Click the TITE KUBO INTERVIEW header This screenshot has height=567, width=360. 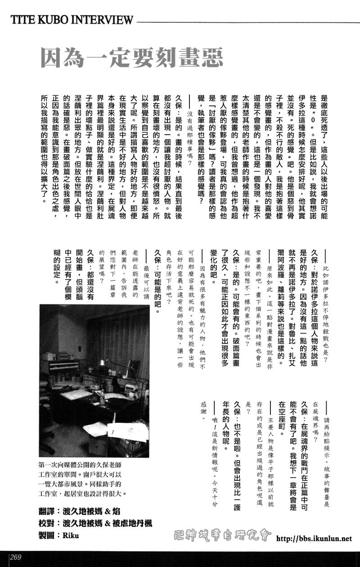click(72, 20)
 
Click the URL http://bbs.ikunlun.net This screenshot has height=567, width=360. click(314, 538)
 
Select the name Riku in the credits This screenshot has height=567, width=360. click(71, 535)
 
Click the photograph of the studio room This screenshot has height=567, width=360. click(94, 381)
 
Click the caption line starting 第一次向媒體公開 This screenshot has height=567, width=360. click(80, 465)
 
